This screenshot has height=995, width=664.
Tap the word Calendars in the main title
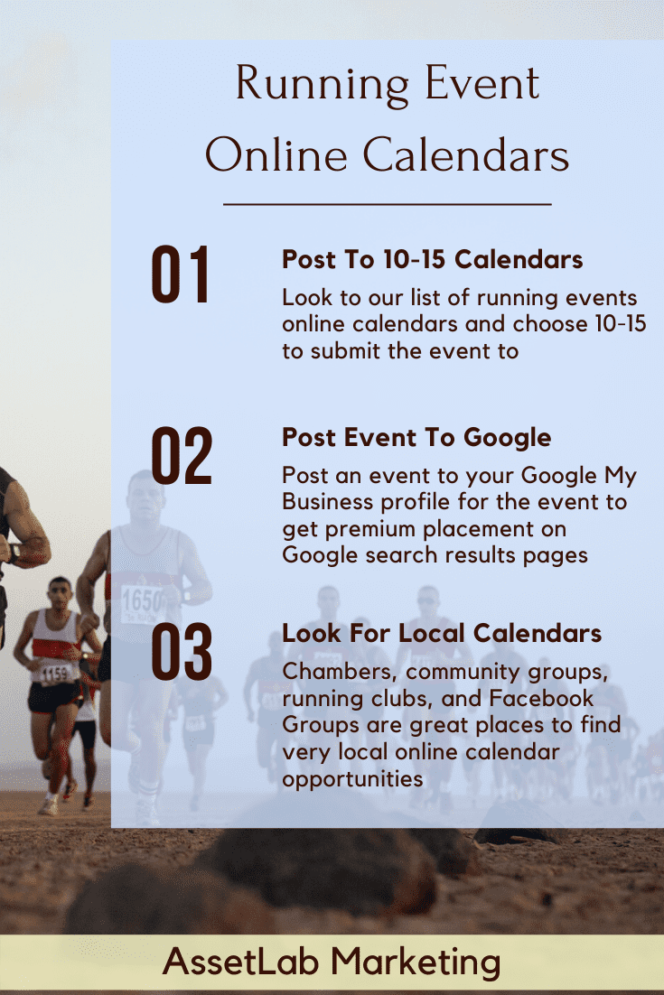pos(466,155)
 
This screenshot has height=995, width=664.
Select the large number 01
pos(181,274)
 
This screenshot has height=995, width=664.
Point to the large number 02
pos(182,456)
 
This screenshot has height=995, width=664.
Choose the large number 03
pos(182,652)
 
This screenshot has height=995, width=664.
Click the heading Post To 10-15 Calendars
pos(433,259)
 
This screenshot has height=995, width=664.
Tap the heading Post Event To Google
pos(416,438)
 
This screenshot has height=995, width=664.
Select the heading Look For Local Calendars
pos(442,633)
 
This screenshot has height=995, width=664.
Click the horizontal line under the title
pos(388,204)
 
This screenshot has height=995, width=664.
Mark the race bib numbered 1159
pos(56,673)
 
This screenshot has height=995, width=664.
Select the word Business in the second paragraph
pos(328,502)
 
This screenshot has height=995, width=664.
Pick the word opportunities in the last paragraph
pos(352,780)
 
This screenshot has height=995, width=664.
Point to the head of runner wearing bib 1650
pos(145,497)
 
